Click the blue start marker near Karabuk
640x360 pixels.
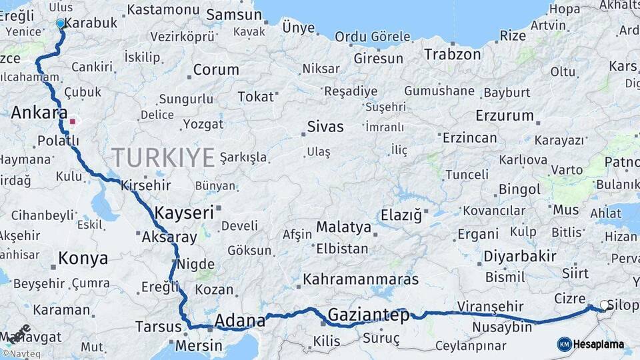(61, 24)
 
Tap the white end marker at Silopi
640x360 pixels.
(605, 305)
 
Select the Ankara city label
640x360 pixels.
(39, 113)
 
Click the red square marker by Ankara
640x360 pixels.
(72, 122)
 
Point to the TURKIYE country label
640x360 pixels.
(163, 158)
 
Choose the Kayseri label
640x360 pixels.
(184, 213)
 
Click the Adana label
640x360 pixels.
(240, 321)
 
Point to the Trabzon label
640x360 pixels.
(452, 55)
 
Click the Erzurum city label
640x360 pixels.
(505, 115)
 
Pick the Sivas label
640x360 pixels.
(325, 127)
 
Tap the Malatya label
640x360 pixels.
(343, 227)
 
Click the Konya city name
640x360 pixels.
(83, 259)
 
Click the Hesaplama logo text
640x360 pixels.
(599, 344)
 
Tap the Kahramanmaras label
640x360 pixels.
(361, 279)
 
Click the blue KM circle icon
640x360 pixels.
(565, 344)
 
